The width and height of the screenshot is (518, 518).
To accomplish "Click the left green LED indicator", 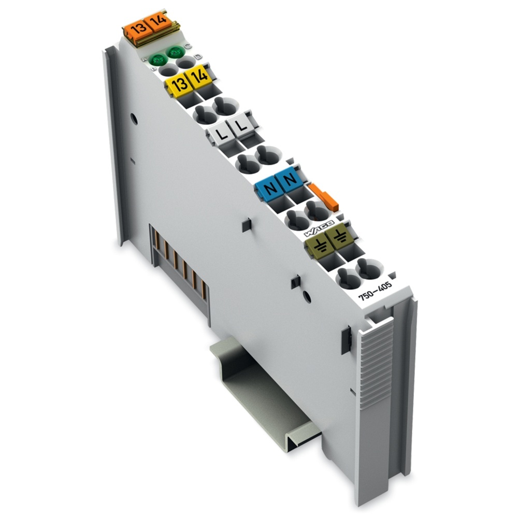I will (155, 60).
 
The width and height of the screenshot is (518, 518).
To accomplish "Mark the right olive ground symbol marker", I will (339, 239).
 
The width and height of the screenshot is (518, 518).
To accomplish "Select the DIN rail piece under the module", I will (259, 394).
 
